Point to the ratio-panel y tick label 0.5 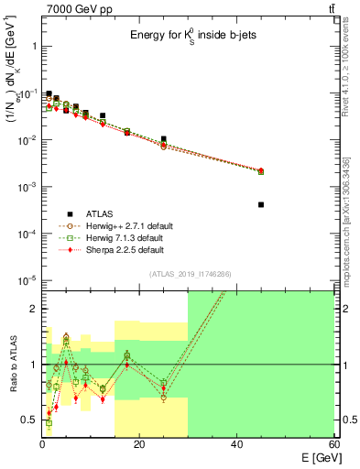click(29, 420)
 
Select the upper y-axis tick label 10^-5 click(27, 280)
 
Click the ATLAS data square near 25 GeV click(163, 139)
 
